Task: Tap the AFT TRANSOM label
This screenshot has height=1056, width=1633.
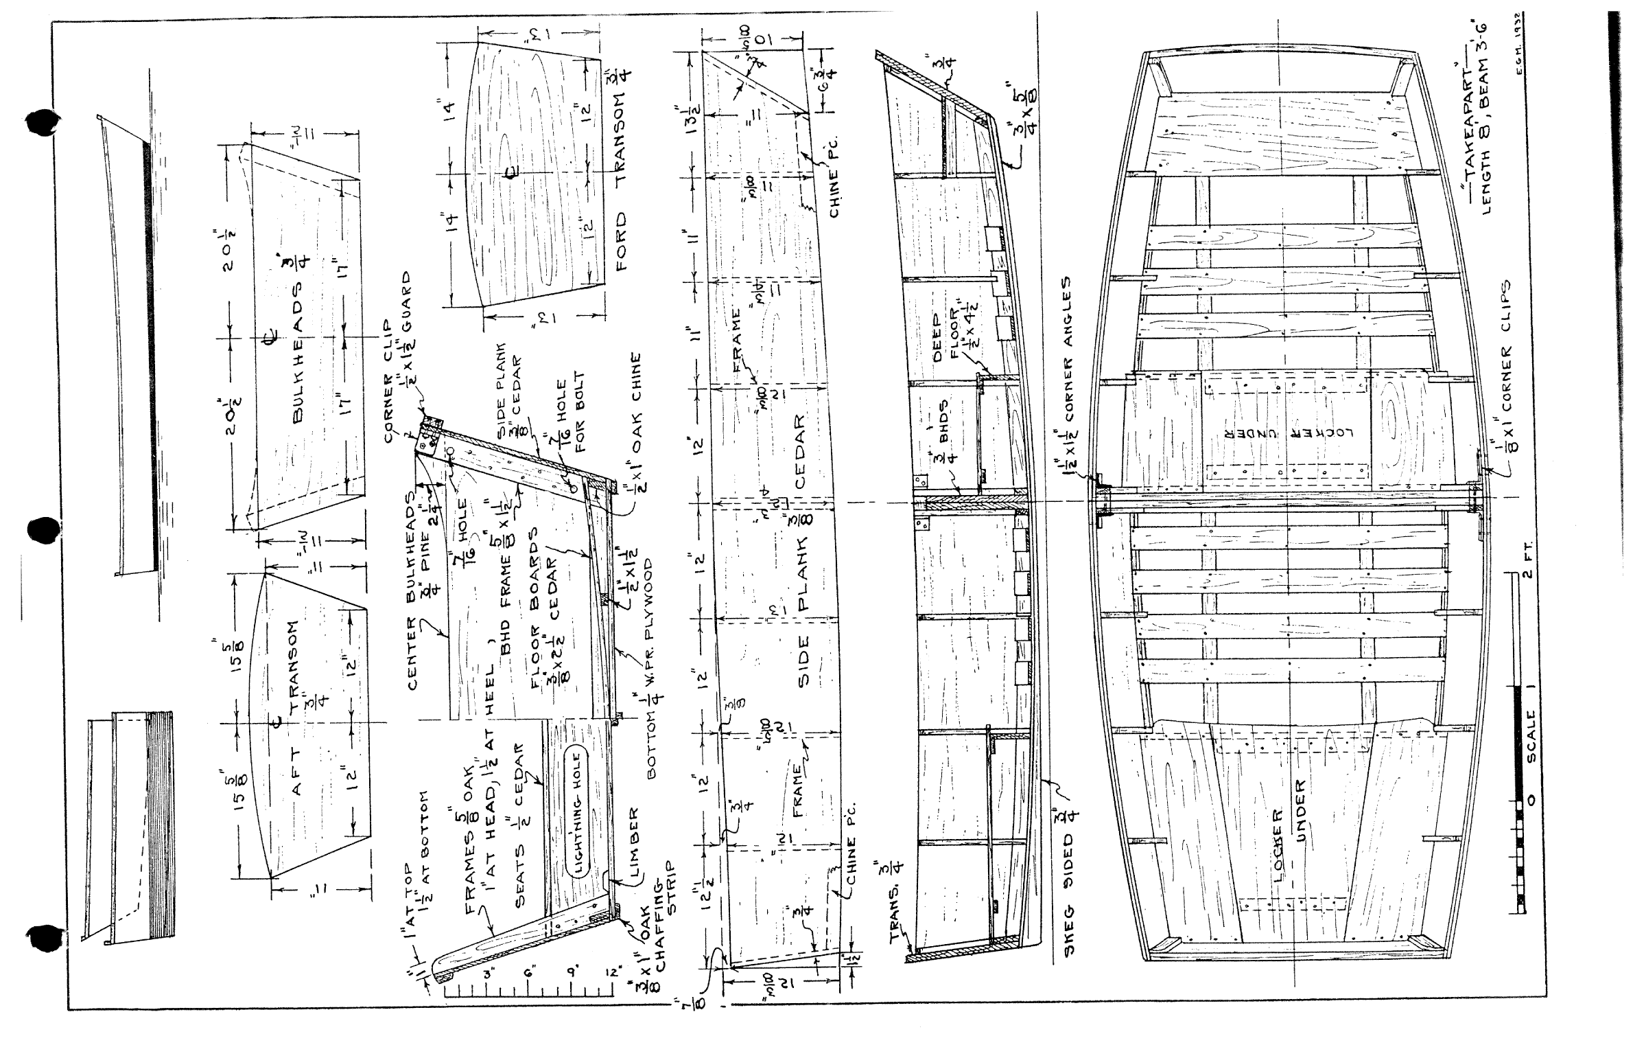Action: pos(298,707)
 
